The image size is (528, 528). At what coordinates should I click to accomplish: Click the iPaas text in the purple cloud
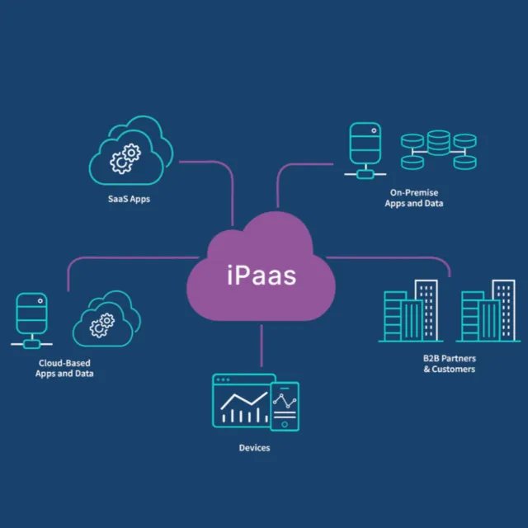click(x=261, y=275)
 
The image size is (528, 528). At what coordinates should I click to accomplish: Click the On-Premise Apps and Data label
click(x=413, y=198)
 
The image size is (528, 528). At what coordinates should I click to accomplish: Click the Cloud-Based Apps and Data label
click(x=64, y=368)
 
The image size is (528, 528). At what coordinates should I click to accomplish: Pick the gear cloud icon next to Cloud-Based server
click(x=103, y=321)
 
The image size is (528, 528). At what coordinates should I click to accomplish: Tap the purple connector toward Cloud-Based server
click(x=124, y=257)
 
